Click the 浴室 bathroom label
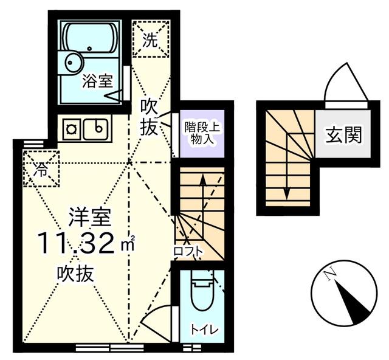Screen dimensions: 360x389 (x=97, y=81)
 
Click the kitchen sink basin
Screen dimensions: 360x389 (x=96, y=129)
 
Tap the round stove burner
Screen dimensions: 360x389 (x=71, y=129)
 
